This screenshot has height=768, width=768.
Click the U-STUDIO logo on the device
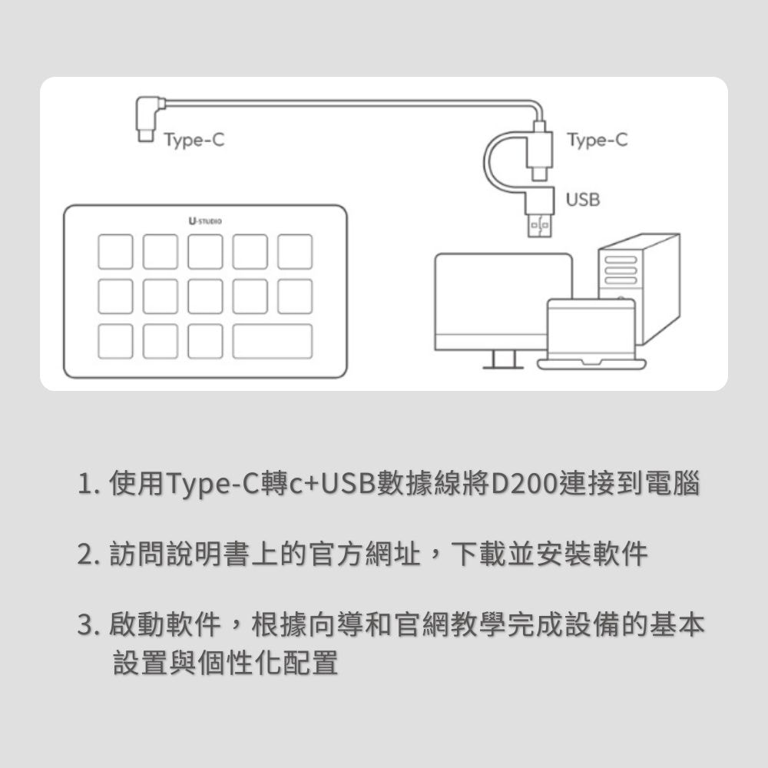(205, 221)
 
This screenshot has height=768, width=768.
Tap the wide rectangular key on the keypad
(273, 341)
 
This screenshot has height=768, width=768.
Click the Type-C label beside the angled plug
(193, 141)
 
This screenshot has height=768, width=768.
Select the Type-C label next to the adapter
(596, 141)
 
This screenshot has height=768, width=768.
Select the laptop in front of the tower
(591, 335)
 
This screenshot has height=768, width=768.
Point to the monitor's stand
(503, 360)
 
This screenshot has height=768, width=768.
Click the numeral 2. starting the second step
(87, 554)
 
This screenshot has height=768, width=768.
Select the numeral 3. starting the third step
(87, 626)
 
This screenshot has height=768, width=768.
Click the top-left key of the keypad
(115, 252)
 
